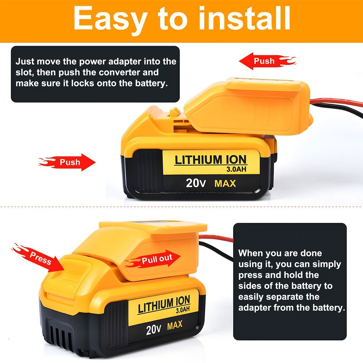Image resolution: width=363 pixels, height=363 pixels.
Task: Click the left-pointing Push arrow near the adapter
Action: click(x=268, y=61)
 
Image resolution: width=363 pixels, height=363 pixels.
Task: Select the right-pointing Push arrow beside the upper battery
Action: click(x=67, y=162)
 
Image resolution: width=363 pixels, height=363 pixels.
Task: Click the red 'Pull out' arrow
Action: click(x=153, y=259)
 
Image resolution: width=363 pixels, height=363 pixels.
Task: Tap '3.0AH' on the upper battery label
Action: click(x=236, y=169)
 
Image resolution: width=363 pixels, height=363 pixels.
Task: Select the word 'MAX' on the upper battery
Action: click(x=225, y=184)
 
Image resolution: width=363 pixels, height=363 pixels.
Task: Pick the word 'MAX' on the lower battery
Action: click(x=175, y=325)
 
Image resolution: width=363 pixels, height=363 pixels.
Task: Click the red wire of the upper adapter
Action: click(x=336, y=102)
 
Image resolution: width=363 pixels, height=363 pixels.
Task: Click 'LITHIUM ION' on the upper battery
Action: click(x=211, y=160)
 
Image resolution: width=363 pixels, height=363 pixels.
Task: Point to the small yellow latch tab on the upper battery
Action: click(x=175, y=113)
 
